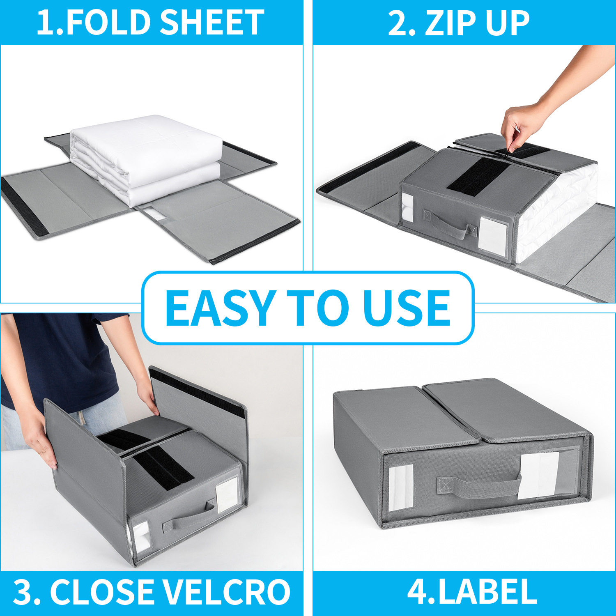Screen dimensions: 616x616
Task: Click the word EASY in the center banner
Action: pos(220,308)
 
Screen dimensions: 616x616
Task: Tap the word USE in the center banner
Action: pos(407,308)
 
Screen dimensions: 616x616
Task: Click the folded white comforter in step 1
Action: pos(148,156)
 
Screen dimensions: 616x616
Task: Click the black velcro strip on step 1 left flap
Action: pos(25,205)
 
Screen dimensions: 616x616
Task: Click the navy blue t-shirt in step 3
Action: pos(62,357)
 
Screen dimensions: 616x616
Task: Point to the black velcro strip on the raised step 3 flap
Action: pos(197,392)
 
